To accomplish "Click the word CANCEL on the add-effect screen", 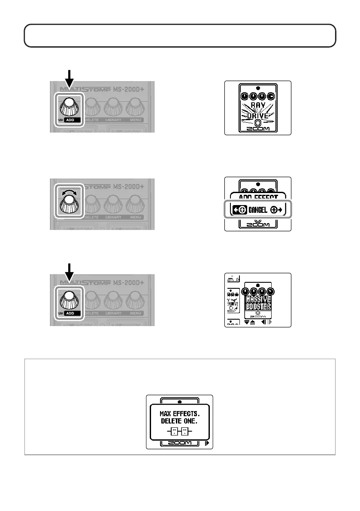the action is [257, 210].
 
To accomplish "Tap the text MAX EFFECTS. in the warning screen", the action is [180, 414].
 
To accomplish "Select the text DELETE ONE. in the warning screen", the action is [180, 421].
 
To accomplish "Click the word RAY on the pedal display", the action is [257, 104].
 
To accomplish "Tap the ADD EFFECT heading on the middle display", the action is [257, 197].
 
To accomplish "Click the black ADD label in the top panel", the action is [71, 120].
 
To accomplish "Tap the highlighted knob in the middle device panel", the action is [70, 205].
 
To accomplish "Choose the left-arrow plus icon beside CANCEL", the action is [238, 210].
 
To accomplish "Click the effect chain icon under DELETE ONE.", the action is [180, 431].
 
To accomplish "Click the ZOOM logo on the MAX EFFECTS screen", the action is [180, 444].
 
